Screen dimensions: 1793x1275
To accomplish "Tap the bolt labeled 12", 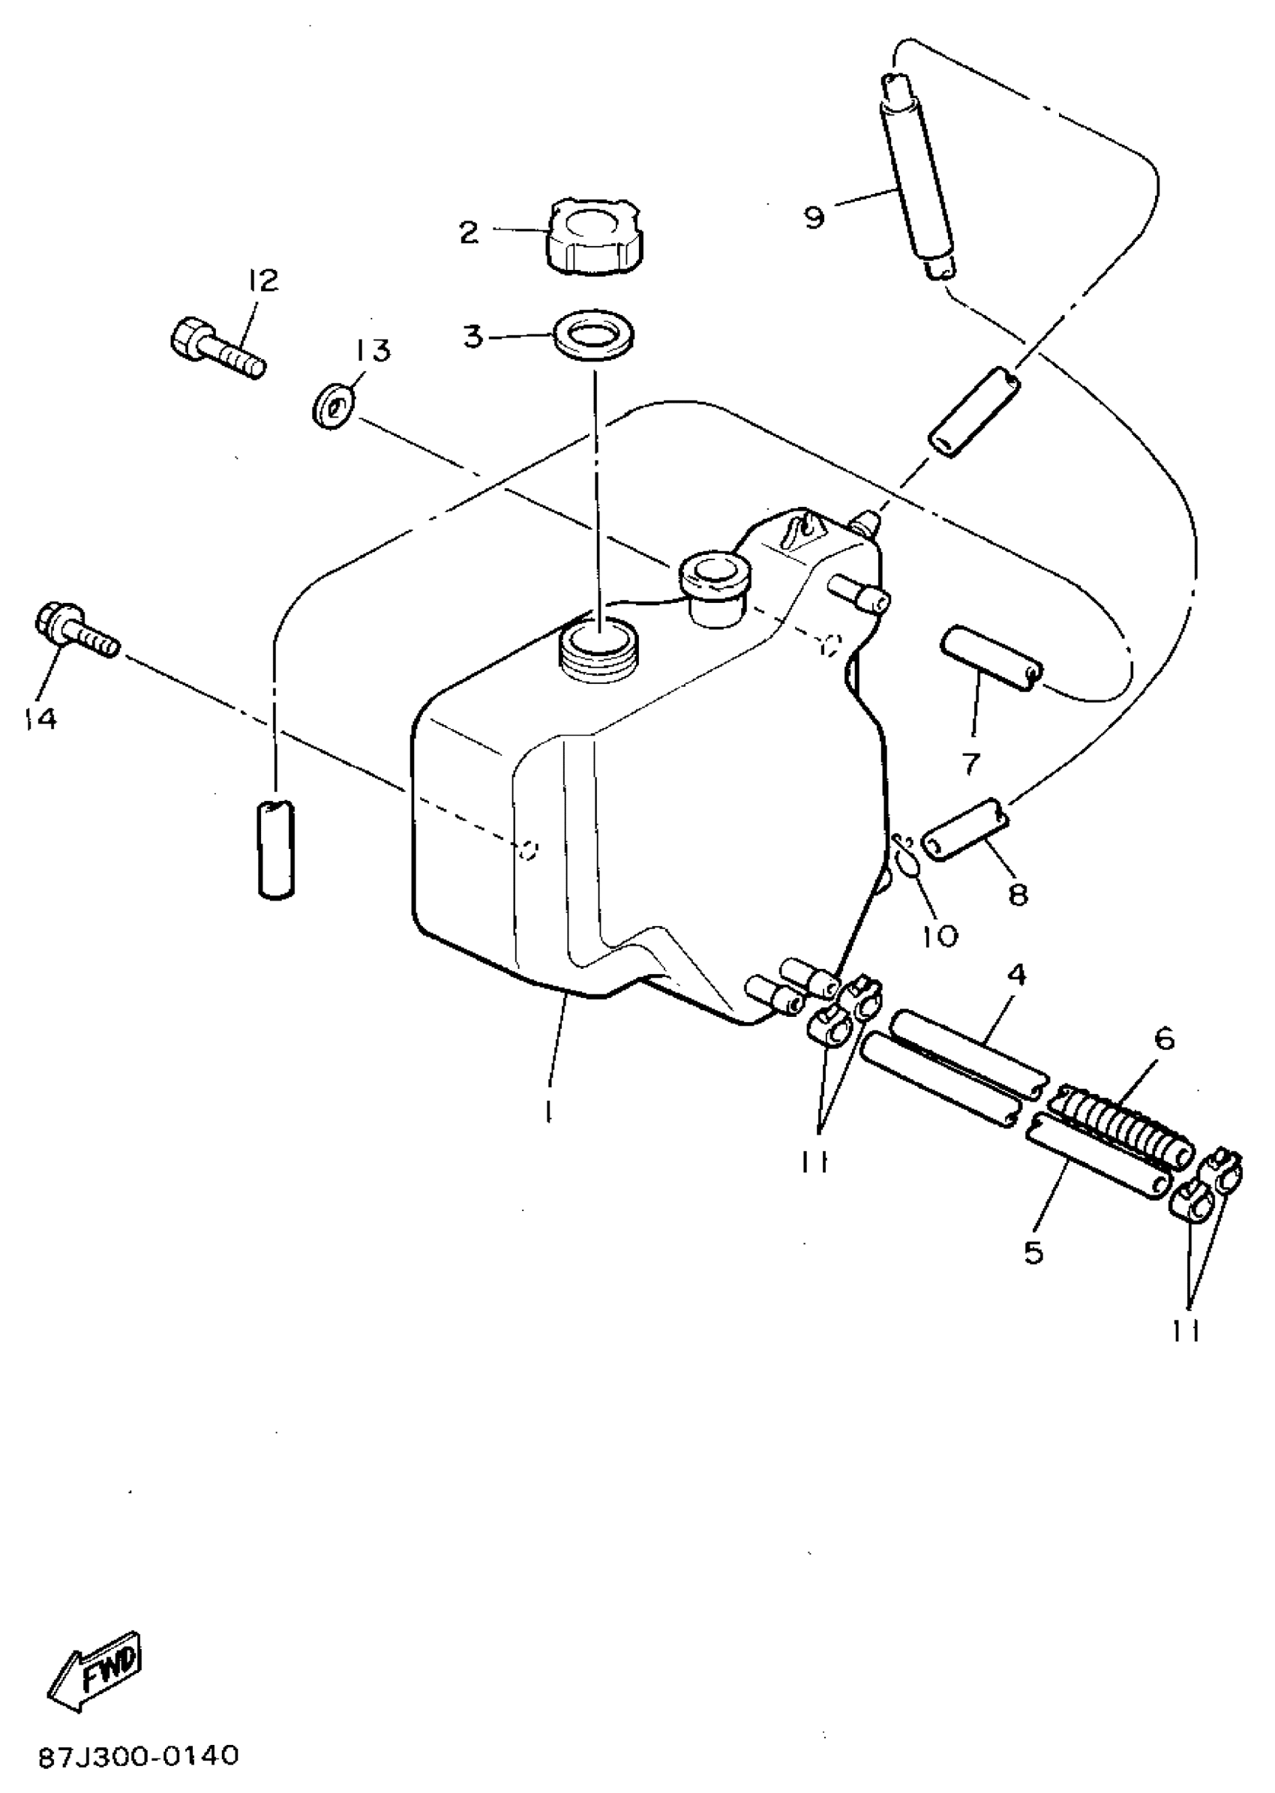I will (217, 349).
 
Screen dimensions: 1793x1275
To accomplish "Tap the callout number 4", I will (1016, 975).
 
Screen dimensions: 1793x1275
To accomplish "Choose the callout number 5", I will (1034, 1252).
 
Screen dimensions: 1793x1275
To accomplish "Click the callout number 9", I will (814, 217).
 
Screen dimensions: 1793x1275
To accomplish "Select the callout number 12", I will (263, 280).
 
